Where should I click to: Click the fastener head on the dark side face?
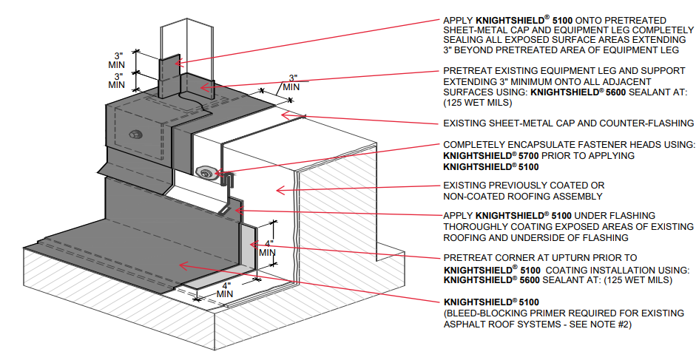pyautogui.click(x=134, y=135)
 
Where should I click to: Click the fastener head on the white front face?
pyautogui.click(x=206, y=173)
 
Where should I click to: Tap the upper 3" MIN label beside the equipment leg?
pyautogui.click(x=118, y=60)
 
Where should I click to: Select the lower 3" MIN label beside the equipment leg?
pyautogui.click(x=118, y=80)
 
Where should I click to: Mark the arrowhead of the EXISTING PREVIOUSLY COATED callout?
pyautogui.click(x=277, y=191)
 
